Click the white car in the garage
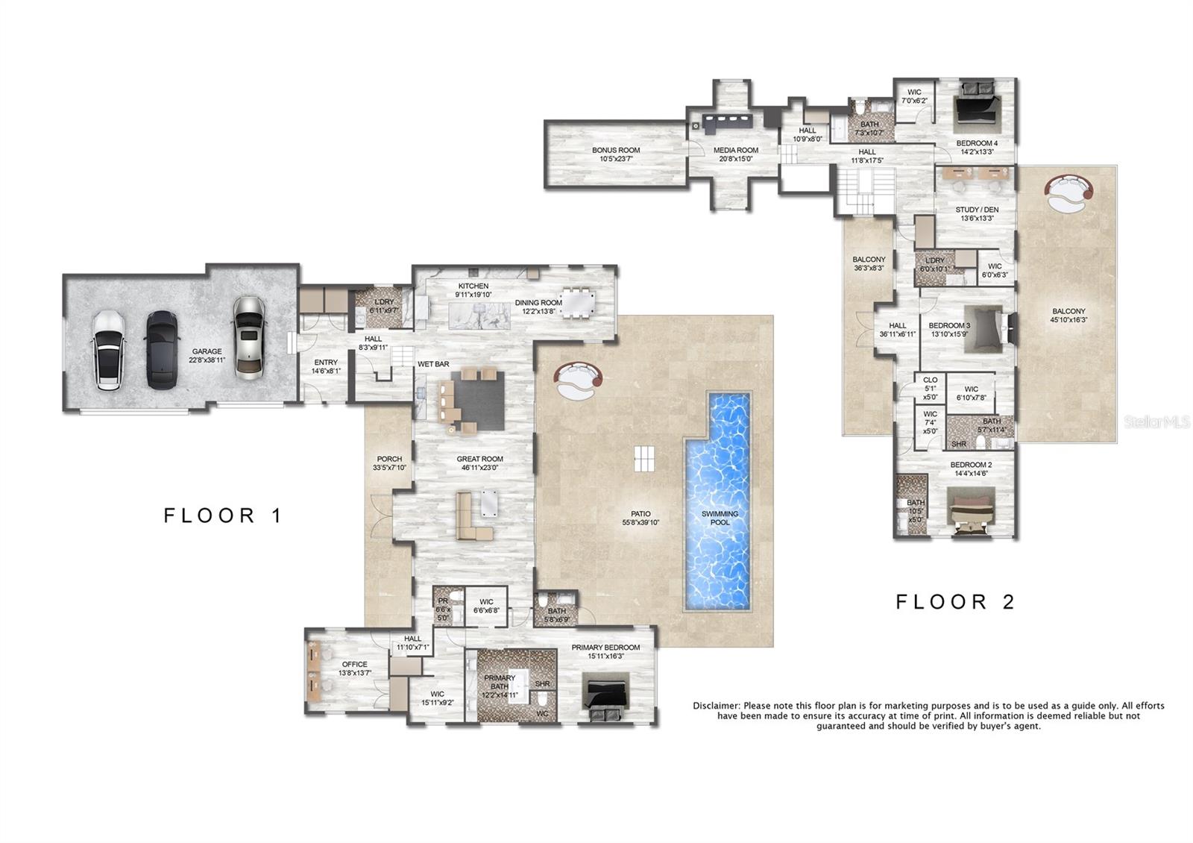pyautogui.click(x=110, y=350)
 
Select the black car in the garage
pyautogui.click(x=161, y=349)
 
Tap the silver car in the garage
pyautogui.click(x=248, y=336)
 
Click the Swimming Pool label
pyautogui.click(x=720, y=518)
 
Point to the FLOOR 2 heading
pyautogui.click(x=955, y=601)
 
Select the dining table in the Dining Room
pyautogui.click(x=578, y=303)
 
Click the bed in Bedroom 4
pyautogui.click(x=976, y=108)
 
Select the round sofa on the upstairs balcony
pyautogui.click(x=1068, y=192)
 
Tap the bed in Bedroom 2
pyautogui.click(x=975, y=511)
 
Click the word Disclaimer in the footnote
pyautogui.click(x=716, y=705)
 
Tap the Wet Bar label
pyautogui.click(x=433, y=364)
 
